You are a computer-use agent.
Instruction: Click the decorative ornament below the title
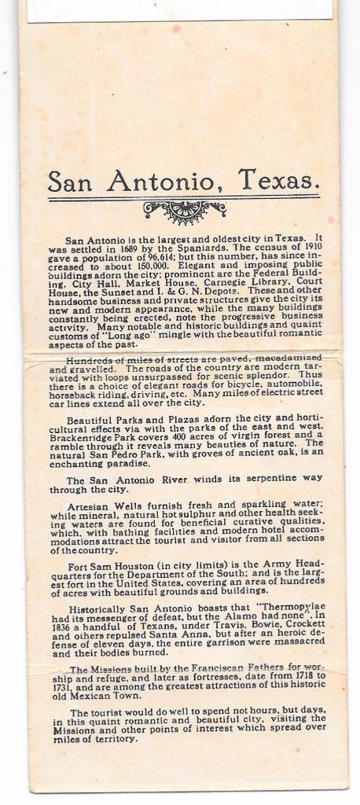coord(185,210)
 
